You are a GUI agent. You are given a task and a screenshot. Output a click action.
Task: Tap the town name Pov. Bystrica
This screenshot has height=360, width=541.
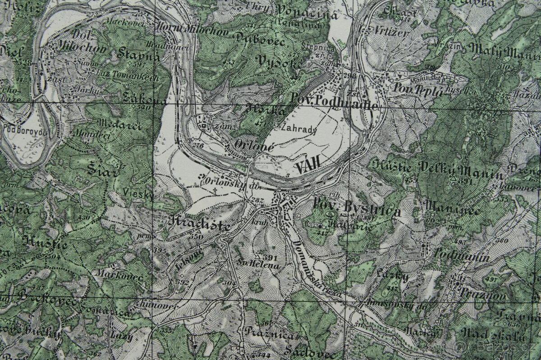356,208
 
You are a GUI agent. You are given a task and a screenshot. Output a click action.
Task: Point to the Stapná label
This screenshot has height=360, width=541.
138,55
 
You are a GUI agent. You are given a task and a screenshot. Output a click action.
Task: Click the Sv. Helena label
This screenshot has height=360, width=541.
259,265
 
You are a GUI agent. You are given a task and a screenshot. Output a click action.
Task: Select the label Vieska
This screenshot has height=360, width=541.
138,195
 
